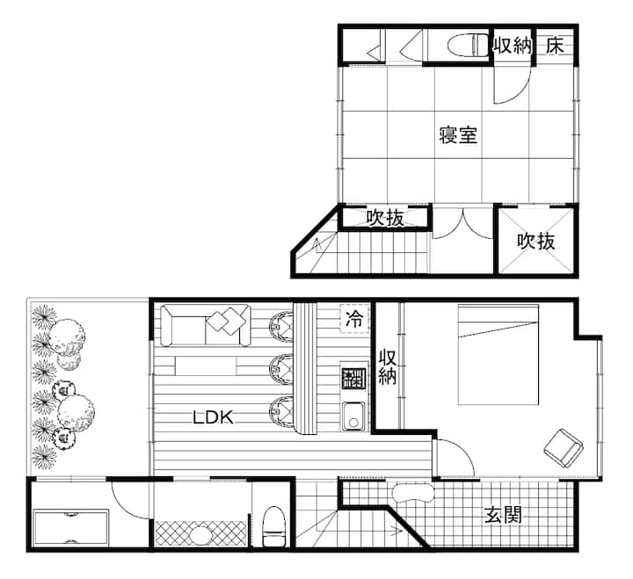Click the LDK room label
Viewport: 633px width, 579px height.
coord(213,416)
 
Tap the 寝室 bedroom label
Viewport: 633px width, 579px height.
coord(458,134)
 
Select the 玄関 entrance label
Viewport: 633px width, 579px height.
coord(503,515)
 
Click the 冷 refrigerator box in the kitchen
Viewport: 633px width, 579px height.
coord(354,318)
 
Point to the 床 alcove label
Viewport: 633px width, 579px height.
coord(555,45)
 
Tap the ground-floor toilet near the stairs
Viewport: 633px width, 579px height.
coord(273,526)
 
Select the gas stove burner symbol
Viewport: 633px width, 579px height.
coord(353,379)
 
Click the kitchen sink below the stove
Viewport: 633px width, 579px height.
coord(353,416)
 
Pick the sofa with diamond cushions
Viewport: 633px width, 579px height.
coord(206,326)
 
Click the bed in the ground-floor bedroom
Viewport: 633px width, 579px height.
coord(498,355)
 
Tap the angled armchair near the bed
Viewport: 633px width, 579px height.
coord(564,448)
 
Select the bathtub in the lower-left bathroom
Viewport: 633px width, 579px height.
coord(71,527)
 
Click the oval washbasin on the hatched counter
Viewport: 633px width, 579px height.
coord(200,535)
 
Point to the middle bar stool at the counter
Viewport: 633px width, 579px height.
coord(282,368)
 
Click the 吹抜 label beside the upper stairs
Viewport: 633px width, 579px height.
coord(385,218)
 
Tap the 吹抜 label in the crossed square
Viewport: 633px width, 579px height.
coord(536,242)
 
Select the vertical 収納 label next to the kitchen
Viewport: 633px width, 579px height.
coord(387,367)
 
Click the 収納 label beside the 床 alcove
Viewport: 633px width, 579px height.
coord(513,45)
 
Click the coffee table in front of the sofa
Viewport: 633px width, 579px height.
coord(206,366)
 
